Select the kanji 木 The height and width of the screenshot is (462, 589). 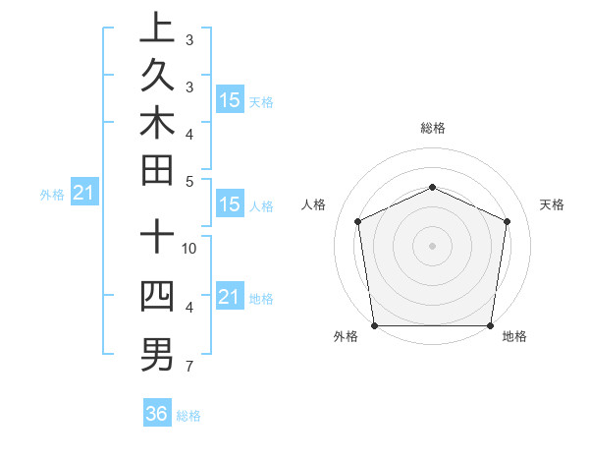click(156, 122)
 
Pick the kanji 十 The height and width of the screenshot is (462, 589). click(156, 238)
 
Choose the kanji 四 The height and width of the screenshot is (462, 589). click(156, 296)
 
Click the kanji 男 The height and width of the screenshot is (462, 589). click(156, 353)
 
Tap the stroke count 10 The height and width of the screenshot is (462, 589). click(189, 249)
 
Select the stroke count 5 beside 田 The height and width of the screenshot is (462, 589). click(189, 181)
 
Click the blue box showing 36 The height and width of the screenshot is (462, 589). click(157, 414)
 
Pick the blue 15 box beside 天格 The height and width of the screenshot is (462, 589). click(230, 99)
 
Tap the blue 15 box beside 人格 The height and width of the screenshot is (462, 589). click(230, 204)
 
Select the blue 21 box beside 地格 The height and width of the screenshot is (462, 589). click(230, 296)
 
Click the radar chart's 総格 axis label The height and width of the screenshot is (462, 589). click(432, 128)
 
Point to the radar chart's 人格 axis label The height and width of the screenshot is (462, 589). click(314, 204)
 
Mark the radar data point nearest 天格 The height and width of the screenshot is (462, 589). click(507, 220)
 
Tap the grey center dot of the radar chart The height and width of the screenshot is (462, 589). click(432, 245)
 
